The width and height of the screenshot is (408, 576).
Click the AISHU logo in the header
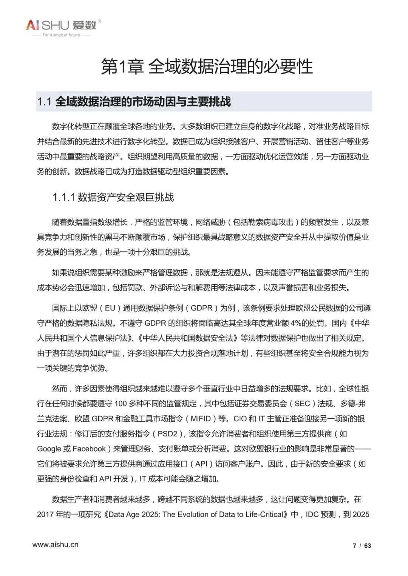coord(60,25)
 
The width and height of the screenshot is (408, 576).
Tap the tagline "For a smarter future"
coord(61,35)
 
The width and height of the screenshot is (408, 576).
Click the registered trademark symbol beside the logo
coord(99,22)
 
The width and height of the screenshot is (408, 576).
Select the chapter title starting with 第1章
coord(207,67)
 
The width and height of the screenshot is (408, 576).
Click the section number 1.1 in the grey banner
coord(44,102)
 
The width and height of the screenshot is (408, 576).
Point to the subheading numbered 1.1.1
coord(113,197)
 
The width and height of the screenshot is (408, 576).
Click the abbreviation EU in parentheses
coord(110,308)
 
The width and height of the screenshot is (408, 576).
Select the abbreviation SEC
coord(302,404)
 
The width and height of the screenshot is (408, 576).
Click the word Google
coord(49,449)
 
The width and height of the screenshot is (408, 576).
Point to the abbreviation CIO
coord(240,419)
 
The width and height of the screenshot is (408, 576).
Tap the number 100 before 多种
coord(121,404)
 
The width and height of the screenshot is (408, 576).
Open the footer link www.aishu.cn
coord(56,545)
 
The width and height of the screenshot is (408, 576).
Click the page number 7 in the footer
coord(354,545)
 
